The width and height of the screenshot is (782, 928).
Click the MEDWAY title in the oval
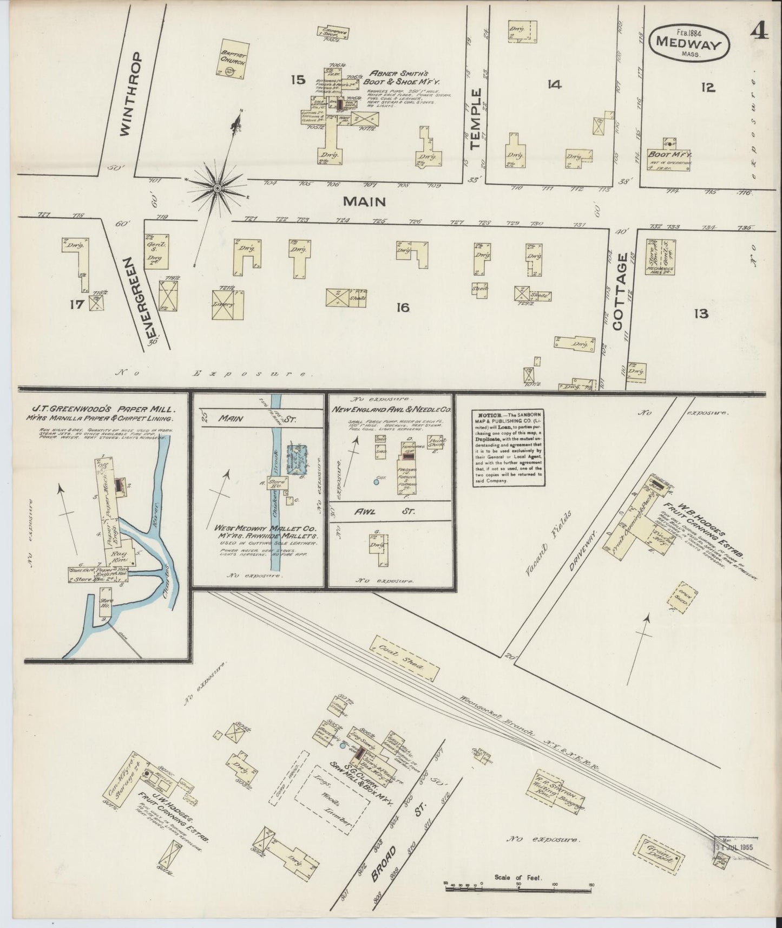(689, 44)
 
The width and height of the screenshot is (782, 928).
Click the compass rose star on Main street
(217, 187)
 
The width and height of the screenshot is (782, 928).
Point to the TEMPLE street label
(476, 119)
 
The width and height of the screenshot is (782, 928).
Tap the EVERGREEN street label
(137, 298)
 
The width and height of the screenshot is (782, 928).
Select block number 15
(298, 80)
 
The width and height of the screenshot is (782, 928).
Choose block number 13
(701, 313)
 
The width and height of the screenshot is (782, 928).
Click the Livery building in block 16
(228, 304)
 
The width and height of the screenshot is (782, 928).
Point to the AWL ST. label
(390, 511)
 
